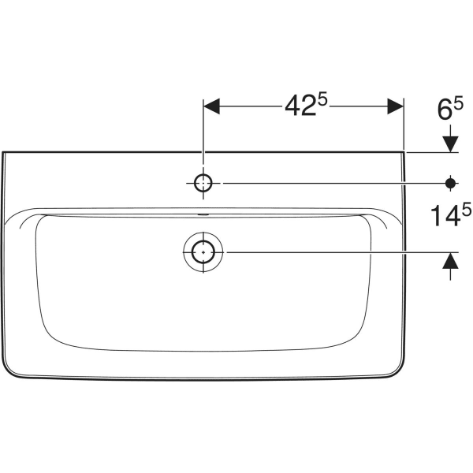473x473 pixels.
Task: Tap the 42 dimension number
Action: (x=300, y=106)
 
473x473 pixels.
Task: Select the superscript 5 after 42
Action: (x=322, y=99)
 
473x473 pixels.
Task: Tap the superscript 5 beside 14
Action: (x=467, y=209)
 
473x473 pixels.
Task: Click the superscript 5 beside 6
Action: (x=457, y=104)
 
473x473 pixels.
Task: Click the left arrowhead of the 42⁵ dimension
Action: (x=211, y=106)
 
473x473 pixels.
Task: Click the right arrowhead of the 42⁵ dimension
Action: (x=396, y=106)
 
